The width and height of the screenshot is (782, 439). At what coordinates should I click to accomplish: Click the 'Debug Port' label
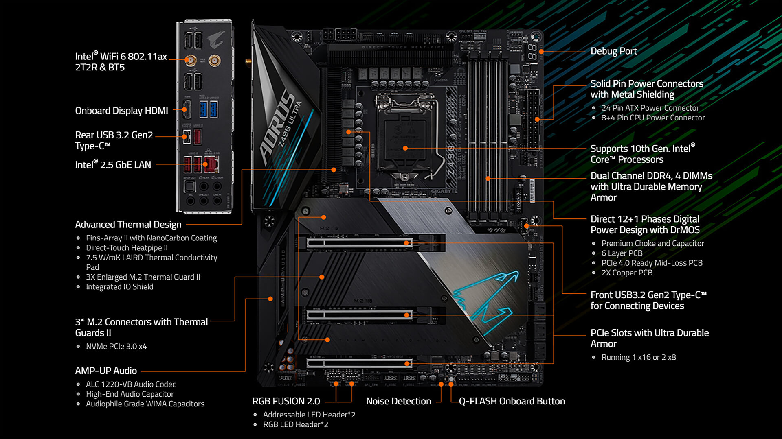[x=613, y=51]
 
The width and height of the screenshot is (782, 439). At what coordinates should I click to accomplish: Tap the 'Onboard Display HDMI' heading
[x=121, y=111]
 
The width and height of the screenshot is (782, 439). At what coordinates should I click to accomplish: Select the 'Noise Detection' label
[x=398, y=401]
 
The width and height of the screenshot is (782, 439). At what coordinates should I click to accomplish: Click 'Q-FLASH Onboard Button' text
[x=512, y=401]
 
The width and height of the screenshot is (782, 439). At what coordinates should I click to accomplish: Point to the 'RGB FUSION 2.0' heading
[x=286, y=401]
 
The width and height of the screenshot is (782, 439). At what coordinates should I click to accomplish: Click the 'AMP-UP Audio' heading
[x=106, y=371]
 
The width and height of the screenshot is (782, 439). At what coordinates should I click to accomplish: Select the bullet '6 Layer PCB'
[x=622, y=253]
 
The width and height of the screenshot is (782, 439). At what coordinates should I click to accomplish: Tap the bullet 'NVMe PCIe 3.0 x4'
[x=116, y=346]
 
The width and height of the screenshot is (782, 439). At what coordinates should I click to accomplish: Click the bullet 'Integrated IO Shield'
[x=119, y=287]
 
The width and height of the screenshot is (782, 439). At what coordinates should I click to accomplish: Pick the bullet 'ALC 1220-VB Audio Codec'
[x=131, y=384]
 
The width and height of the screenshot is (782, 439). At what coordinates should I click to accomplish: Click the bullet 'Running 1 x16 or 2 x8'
[x=638, y=357]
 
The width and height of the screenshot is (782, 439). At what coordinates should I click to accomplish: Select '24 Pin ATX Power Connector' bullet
[x=650, y=108]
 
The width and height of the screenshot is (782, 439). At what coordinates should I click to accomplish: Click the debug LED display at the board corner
[x=532, y=52]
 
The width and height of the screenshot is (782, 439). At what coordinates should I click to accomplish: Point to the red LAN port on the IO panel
[x=211, y=164]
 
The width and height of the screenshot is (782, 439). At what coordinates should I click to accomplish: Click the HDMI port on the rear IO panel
[x=187, y=109]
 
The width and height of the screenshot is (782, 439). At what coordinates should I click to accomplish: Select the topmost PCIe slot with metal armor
[x=358, y=243]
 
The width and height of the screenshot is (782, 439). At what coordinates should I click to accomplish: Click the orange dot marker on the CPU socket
[x=405, y=148]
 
